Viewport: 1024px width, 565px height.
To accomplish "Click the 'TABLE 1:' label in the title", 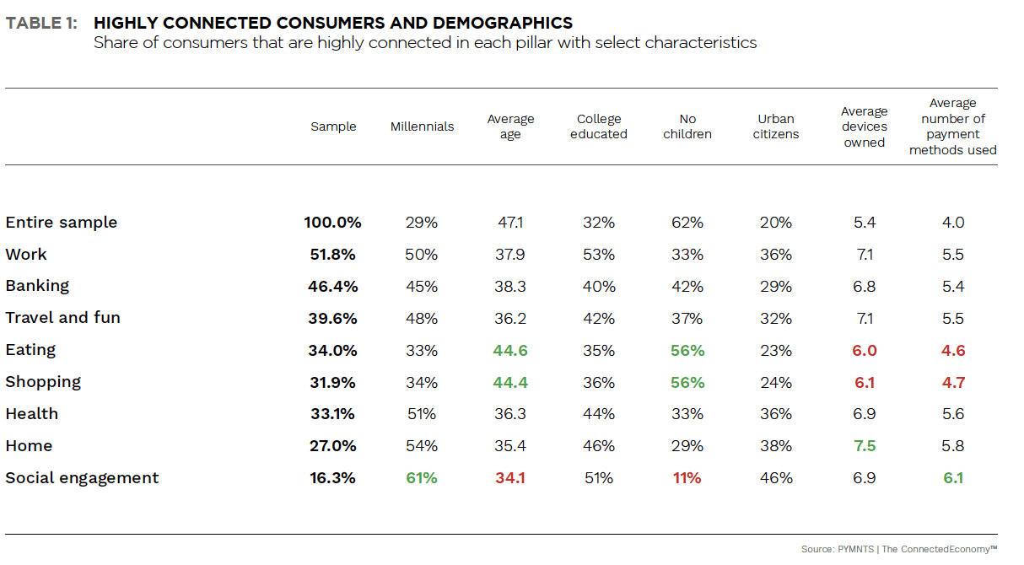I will coord(41,24).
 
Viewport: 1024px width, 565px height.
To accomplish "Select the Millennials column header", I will coord(422,126).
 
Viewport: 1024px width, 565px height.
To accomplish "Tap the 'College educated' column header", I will coord(599,126).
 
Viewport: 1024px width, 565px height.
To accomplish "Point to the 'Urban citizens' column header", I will coord(776,126).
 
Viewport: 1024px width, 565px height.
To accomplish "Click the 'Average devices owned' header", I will coord(865,126).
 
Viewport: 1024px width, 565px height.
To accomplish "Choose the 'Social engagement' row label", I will coord(82,478).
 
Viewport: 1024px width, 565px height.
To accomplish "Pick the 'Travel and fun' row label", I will coord(63,318).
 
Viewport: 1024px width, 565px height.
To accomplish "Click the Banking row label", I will coord(37,286).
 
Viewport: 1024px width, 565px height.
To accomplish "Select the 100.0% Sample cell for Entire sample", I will coord(332,223).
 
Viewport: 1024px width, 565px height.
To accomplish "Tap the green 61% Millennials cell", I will coord(422,478).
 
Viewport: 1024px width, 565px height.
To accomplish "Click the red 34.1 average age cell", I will coord(510,478).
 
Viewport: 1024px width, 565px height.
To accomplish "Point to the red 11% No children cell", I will coord(687,478).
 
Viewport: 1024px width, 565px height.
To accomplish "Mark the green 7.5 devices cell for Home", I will coord(865,446).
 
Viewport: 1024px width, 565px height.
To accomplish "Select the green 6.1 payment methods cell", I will coord(953,478).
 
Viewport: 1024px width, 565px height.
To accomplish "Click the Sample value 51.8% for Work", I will coord(332,255).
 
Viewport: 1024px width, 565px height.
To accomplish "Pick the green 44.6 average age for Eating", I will coord(510,350).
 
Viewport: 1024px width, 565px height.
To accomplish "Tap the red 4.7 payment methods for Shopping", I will coord(953,382).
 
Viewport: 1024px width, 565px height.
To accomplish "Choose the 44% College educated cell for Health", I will coord(599,414).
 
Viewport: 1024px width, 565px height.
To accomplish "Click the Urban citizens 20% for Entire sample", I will coord(776,223).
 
